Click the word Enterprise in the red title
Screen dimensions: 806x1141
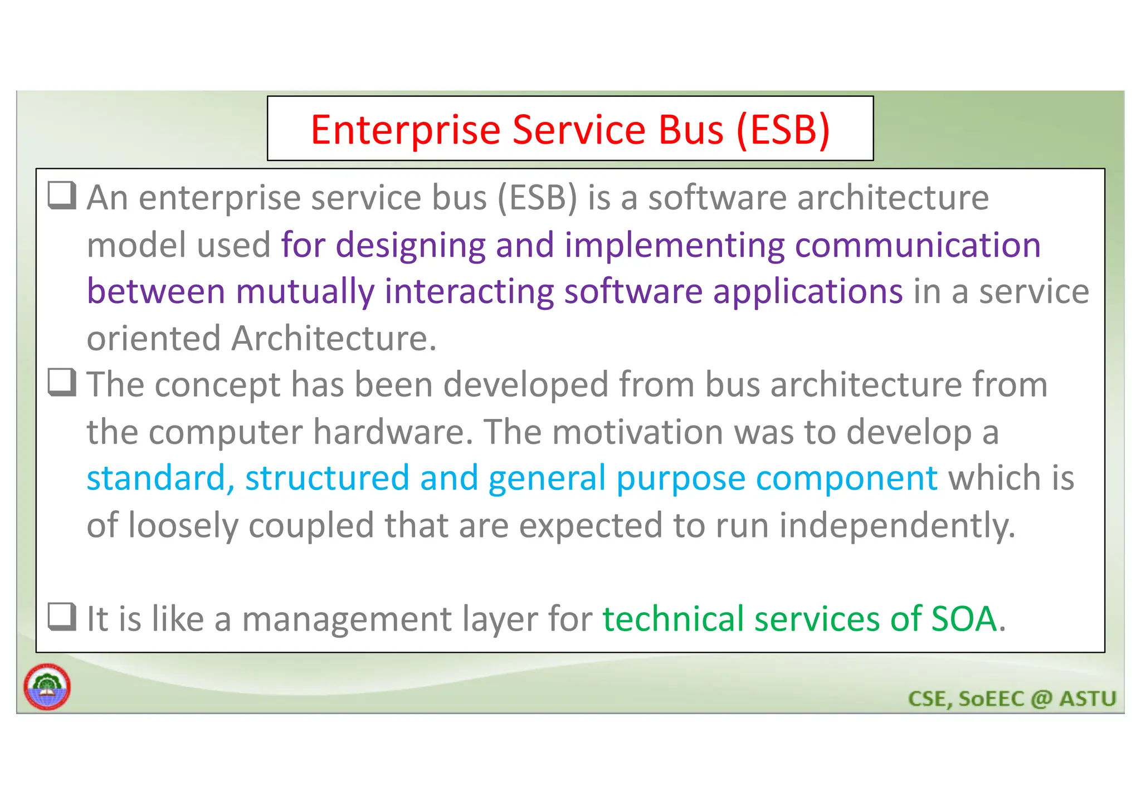[x=406, y=130]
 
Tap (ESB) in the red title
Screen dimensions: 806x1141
[x=783, y=130]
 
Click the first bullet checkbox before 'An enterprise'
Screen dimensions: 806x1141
[x=62, y=196]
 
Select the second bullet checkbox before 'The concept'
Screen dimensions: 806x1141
[x=62, y=383]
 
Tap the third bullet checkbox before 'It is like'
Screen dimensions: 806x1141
[x=62, y=617]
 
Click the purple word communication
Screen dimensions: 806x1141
[x=918, y=245]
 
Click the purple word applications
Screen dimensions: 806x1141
[x=808, y=292]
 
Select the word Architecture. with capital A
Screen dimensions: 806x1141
[x=334, y=339]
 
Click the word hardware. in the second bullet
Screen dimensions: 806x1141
[x=393, y=432]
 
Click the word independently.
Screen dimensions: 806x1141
[x=897, y=526]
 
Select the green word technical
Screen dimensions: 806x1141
[x=673, y=619]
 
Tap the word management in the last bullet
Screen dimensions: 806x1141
[x=347, y=619]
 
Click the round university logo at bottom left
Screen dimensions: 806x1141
[x=47, y=687]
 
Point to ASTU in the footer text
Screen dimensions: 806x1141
[x=1088, y=699]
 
